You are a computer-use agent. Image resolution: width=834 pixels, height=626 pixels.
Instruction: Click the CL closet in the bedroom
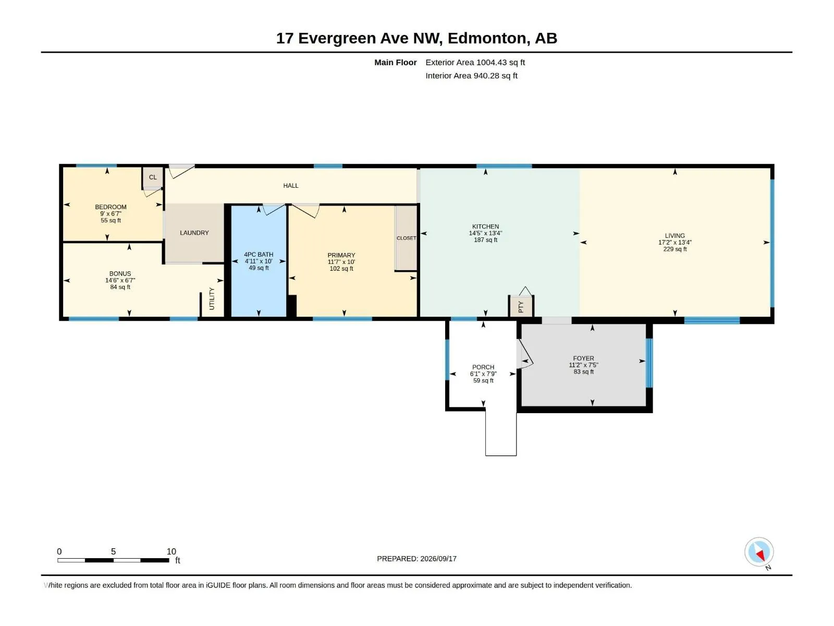[x=153, y=177]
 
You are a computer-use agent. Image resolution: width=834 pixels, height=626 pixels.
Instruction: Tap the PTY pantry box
[x=521, y=306]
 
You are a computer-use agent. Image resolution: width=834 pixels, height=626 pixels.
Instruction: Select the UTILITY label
[x=212, y=298]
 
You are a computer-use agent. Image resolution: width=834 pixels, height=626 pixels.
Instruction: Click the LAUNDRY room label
[x=194, y=233]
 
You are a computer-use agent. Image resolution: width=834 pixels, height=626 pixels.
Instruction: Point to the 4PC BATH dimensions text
[x=259, y=261]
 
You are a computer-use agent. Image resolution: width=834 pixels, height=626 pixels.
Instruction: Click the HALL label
[x=291, y=186]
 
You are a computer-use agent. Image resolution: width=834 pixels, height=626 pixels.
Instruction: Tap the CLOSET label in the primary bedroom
[x=406, y=238]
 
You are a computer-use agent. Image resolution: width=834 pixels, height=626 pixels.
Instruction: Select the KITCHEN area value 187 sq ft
[x=486, y=240]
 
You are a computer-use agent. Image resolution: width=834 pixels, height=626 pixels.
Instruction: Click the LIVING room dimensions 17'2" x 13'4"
[x=675, y=242]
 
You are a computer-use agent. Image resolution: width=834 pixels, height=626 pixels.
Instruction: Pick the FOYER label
[x=583, y=358]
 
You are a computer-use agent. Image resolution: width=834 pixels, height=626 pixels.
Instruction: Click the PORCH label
[x=483, y=367]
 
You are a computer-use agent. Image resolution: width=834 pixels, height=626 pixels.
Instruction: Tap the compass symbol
[x=759, y=551]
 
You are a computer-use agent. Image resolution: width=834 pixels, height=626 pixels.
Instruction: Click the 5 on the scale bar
[x=113, y=551]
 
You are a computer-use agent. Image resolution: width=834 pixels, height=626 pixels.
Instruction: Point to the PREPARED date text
[x=417, y=558]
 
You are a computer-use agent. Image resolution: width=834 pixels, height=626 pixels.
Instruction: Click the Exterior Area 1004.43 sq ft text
[x=475, y=62]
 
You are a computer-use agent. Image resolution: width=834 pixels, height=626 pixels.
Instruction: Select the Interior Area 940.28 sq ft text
[x=471, y=76]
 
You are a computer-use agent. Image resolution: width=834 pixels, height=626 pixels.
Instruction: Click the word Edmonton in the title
[x=487, y=38]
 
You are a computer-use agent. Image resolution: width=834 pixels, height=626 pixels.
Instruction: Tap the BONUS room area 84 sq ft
[x=120, y=287]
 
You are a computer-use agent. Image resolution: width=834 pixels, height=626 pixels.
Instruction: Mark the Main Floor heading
[x=396, y=62]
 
